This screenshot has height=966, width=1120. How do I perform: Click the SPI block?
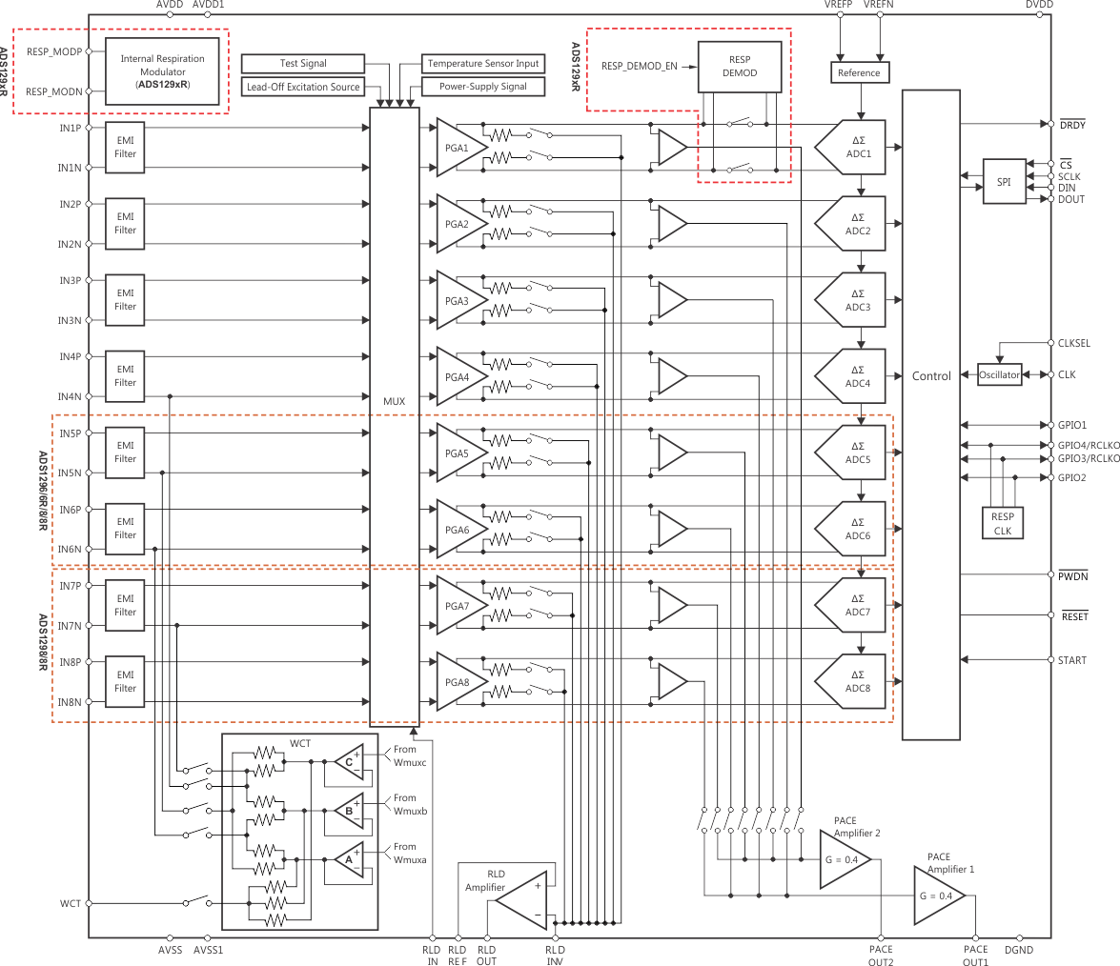pos(1004,182)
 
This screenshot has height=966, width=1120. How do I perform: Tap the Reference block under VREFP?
pos(859,73)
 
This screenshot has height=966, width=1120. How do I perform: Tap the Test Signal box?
pos(303,64)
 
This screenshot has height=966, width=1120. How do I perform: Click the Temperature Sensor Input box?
pos(482,64)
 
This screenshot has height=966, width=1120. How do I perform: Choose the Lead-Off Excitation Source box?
pos(303,87)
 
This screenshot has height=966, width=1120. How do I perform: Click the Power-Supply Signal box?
pos(482,87)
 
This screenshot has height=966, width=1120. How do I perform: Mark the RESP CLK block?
pos(1003,523)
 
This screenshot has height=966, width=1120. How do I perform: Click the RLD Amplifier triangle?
pos(524,900)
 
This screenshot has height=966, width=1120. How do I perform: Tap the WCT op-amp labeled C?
pos(349,762)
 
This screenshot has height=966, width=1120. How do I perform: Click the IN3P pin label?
pos(70,281)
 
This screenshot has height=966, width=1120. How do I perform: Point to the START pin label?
pos(1072,660)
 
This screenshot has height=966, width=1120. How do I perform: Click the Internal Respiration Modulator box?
pos(162,71)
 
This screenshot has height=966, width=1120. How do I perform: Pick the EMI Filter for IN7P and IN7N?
pos(126,605)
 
